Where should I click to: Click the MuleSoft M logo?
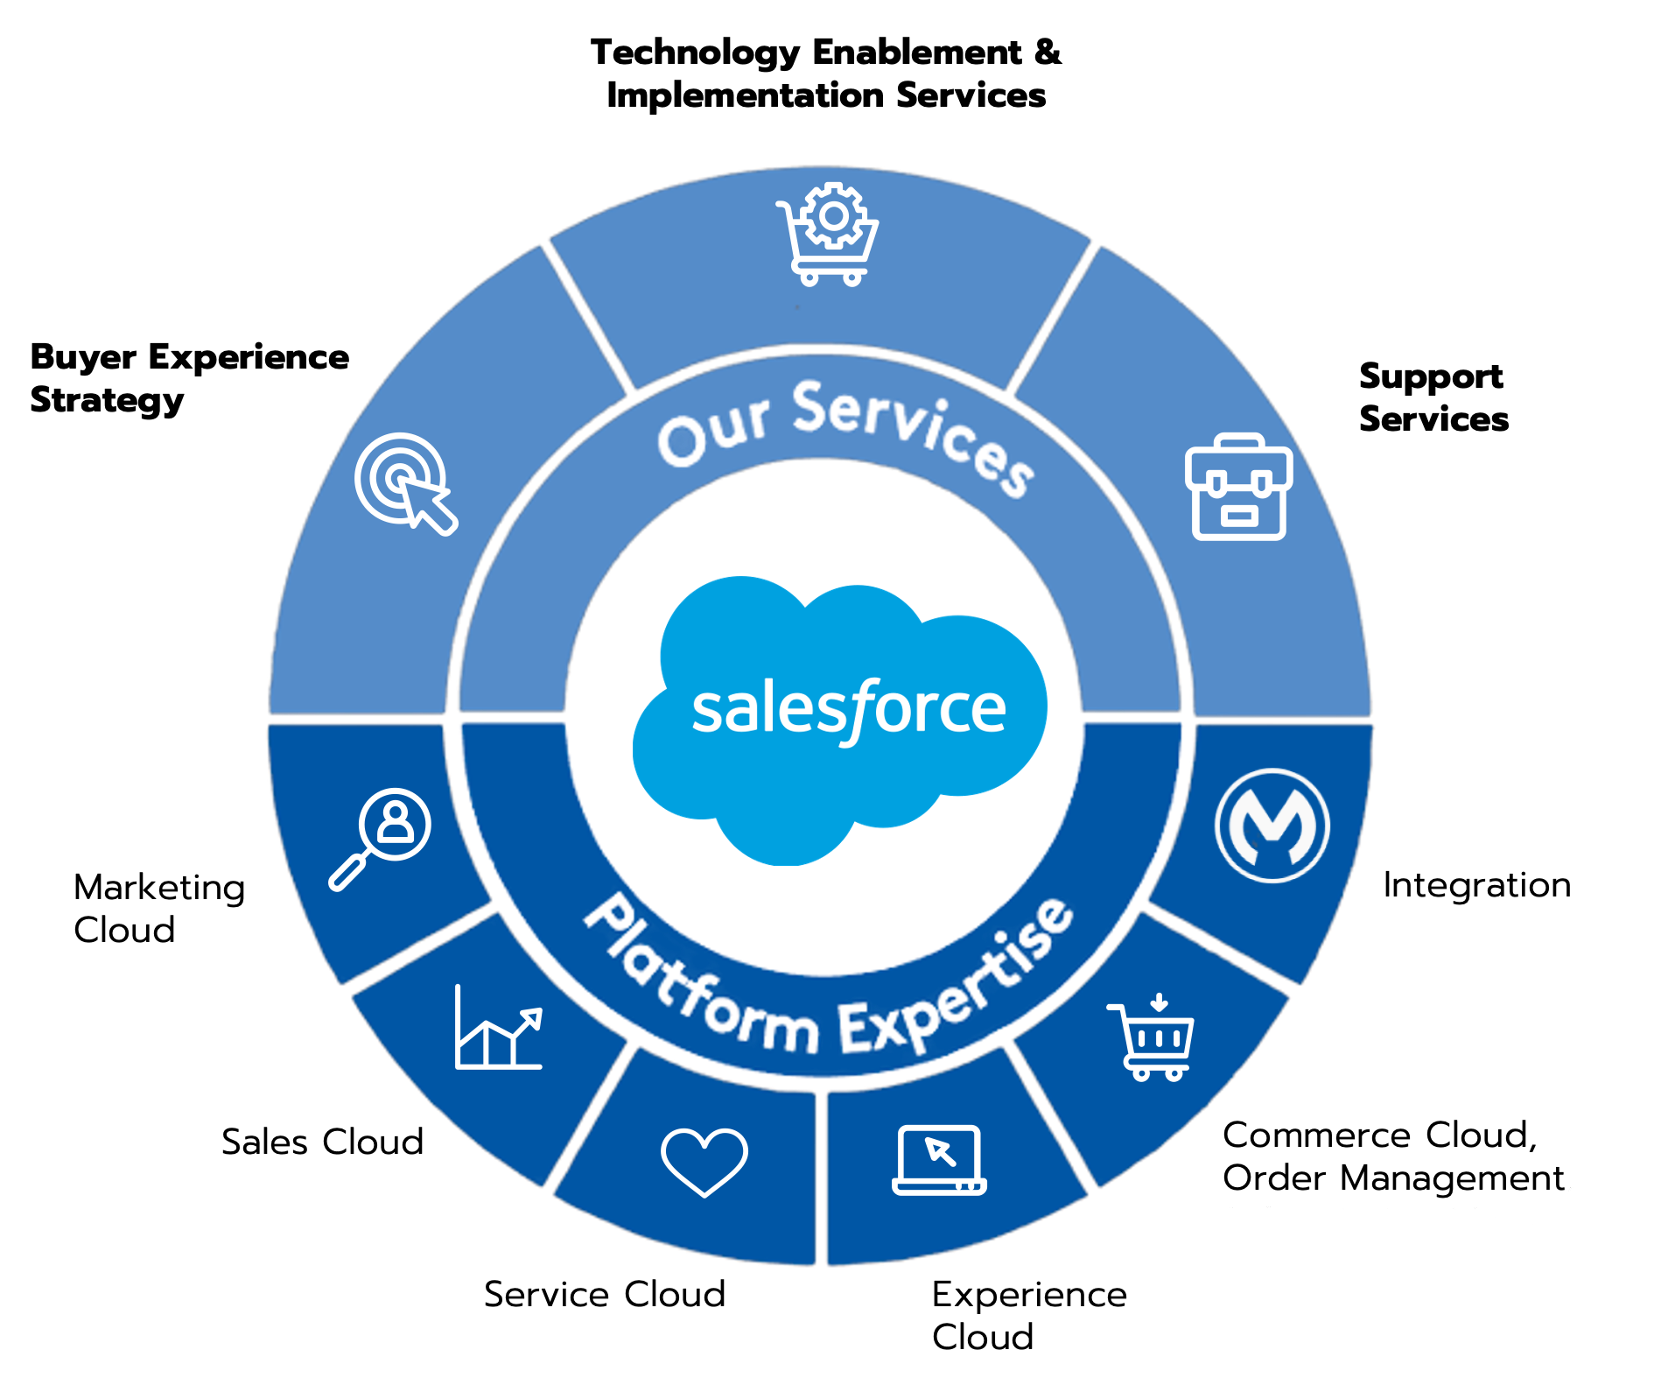[x=1272, y=825]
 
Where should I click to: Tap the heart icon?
[x=704, y=1161]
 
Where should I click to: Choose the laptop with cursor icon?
[x=939, y=1159]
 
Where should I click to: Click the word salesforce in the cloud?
[x=848, y=710]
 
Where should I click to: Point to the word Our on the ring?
[x=713, y=429]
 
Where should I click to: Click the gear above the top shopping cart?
[x=834, y=215]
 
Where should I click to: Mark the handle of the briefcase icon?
[x=1238, y=443]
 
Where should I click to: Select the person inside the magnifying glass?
[x=396, y=821]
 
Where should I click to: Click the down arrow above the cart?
[x=1159, y=1002]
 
